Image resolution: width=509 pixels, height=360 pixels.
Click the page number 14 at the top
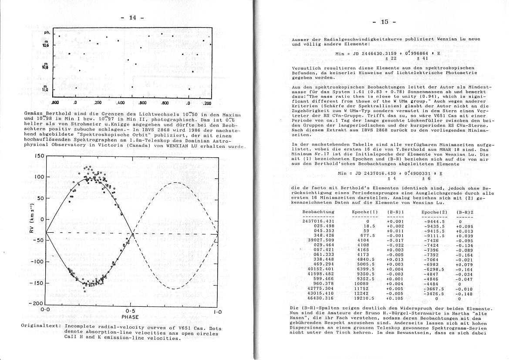coord(133,17)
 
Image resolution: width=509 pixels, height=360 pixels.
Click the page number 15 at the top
coord(384,22)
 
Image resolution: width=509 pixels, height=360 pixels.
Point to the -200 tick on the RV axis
coord(37,303)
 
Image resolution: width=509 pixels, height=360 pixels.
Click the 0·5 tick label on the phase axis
coord(130,311)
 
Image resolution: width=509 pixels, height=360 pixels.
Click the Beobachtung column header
coord(318,212)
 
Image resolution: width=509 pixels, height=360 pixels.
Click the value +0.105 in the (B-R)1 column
coord(395,298)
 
